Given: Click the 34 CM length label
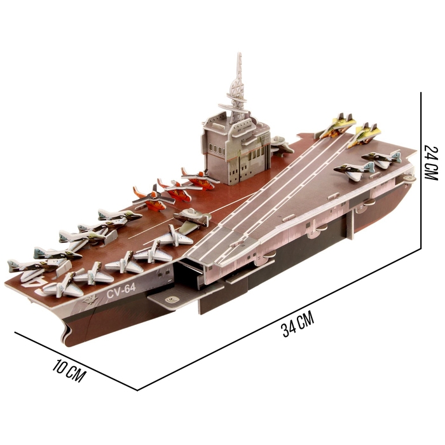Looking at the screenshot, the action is coord(298,324).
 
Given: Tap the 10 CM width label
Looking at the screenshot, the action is coord(69,371).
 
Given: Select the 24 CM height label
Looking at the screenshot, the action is coord(431,162).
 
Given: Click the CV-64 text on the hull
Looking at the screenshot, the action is coord(121,291).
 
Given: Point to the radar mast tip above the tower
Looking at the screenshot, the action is coord(239,53).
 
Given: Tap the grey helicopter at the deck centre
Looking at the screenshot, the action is coord(192,217).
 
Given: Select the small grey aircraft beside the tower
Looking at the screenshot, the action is coord(281,145).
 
